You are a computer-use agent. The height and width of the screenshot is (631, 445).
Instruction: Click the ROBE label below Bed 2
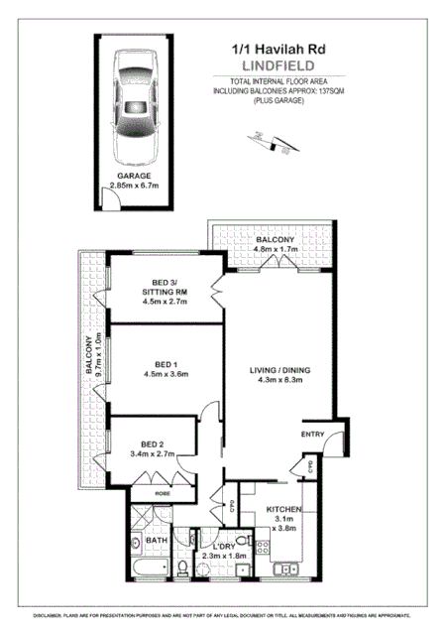tap(164, 491)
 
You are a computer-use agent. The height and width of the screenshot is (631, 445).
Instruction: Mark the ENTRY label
tap(313, 434)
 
